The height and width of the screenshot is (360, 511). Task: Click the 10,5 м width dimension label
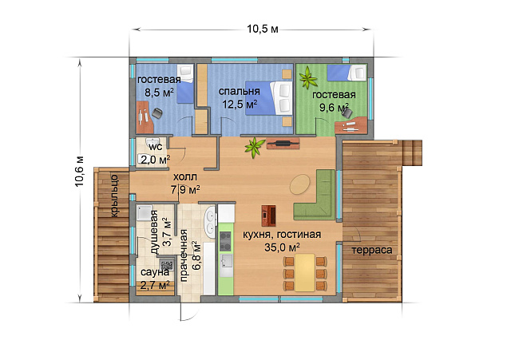263,29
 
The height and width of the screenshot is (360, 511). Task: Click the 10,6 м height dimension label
80,172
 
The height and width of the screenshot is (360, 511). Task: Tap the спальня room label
239,92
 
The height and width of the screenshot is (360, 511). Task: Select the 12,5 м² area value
240,105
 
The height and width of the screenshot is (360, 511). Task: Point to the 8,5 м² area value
159,93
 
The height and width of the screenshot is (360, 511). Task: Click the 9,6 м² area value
334,107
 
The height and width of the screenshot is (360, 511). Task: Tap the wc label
156,147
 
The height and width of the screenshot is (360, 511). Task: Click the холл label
184,177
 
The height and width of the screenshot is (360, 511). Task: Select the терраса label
372,250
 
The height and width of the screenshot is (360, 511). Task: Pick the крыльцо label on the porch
114,196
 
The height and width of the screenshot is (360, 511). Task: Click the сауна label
154,272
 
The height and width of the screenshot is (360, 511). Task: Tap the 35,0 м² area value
282,247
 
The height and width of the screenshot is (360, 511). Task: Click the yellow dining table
305,273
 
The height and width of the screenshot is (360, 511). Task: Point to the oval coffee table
300,184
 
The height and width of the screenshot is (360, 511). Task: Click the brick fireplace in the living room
268,216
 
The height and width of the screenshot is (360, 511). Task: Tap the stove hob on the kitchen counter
225,241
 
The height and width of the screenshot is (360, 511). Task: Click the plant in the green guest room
307,78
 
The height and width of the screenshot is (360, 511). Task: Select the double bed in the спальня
269,98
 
